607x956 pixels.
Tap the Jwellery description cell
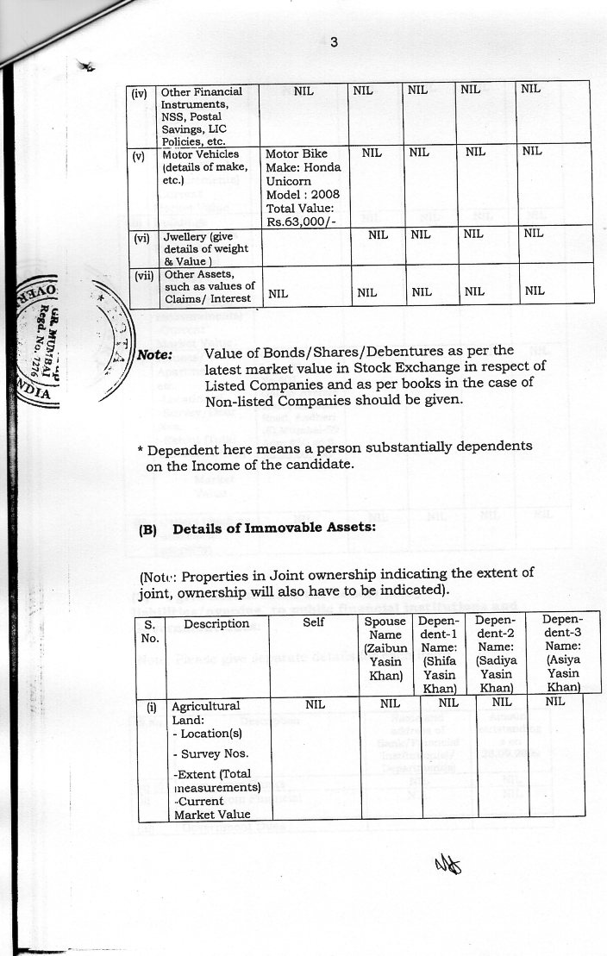click(205, 248)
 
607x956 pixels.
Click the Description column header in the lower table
click(216, 623)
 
